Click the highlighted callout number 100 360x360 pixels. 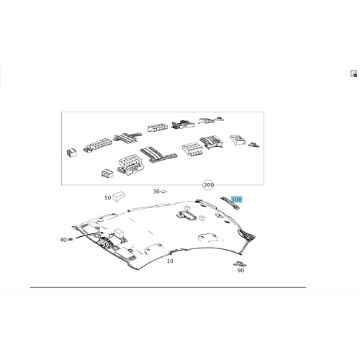coord(236,199)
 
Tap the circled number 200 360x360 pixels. coord(208,185)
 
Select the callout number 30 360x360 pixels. coord(156,192)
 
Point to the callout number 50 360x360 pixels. coord(108,198)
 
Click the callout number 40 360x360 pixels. coord(63,240)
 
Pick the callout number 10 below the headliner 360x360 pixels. coord(170,261)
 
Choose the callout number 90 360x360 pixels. coord(240,270)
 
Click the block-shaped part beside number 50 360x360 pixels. coord(119,197)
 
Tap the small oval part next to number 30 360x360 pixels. coord(163,192)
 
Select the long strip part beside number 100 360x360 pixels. coord(230,203)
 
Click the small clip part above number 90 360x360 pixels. coord(240,264)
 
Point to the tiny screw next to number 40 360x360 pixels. coord(71,239)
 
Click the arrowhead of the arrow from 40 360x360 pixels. coord(102,233)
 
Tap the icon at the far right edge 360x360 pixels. coord(354,73)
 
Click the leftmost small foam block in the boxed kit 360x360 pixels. coord(72,153)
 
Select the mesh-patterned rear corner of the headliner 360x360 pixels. coord(247,235)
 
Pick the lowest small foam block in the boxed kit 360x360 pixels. coord(107,174)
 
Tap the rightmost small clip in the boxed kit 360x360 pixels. coord(253,145)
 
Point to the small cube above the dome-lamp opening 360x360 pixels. coord(186,208)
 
